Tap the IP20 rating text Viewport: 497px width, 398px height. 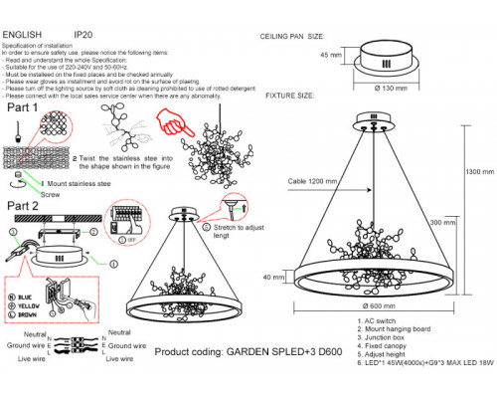(83, 35)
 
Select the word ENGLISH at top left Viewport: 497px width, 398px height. (22, 35)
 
